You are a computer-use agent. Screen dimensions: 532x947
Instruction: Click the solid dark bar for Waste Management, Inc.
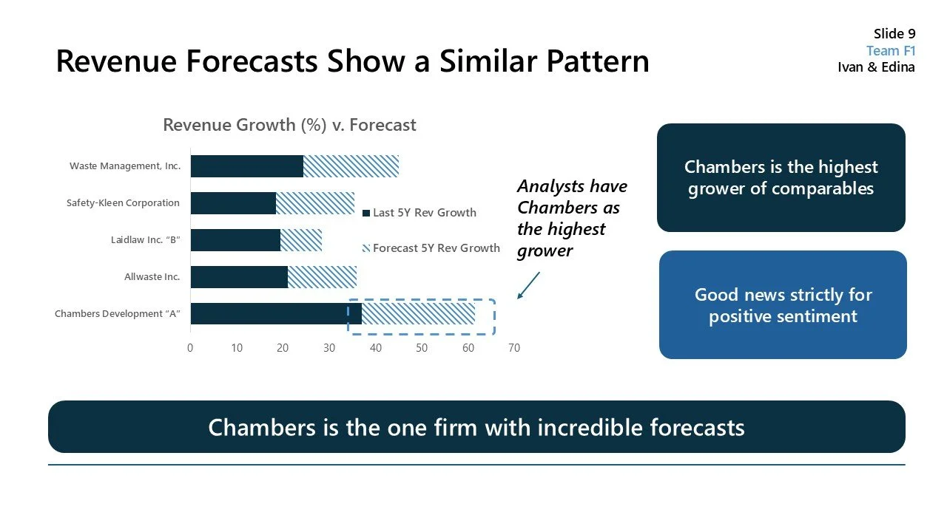[x=246, y=166]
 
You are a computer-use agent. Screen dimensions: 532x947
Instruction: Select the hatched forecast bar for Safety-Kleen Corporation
[x=314, y=203]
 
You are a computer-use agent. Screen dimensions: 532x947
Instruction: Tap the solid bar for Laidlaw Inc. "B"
[x=235, y=240]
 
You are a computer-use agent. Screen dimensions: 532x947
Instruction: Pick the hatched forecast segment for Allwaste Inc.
[x=322, y=277]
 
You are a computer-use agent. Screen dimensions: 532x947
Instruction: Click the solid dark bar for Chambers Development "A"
[x=275, y=314]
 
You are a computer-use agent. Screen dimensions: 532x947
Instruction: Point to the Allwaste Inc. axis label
[x=152, y=277]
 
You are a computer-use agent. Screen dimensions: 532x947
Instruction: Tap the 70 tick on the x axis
[x=513, y=348]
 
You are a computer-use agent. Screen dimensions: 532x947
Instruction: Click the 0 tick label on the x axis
[x=190, y=348]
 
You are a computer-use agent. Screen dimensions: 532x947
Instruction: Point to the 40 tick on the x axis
[x=375, y=348]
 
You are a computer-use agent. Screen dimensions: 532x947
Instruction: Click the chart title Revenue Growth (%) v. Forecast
[x=289, y=125]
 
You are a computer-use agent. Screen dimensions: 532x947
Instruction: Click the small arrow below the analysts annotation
[x=528, y=285]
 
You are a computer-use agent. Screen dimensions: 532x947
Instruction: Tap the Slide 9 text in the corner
[x=894, y=33]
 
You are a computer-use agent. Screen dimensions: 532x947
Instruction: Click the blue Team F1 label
[x=890, y=50]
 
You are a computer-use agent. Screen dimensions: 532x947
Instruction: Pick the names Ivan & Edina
[x=876, y=67]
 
